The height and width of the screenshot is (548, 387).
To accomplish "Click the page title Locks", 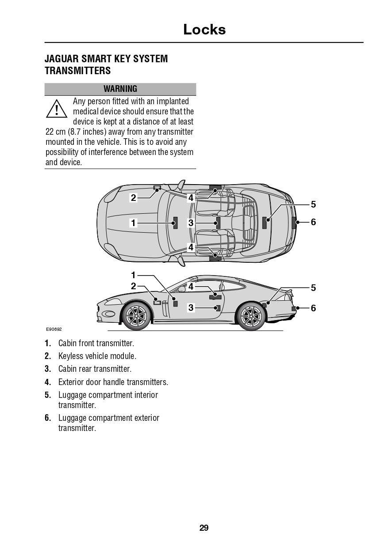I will point(204,30).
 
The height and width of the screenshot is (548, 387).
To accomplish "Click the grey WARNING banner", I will point(120,89).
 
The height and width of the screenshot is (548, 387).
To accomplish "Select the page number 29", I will point(204,528).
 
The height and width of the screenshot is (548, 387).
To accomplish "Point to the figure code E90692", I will point(54,329).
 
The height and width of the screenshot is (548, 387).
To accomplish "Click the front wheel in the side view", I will point(136,315).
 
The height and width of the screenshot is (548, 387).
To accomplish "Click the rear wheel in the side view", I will point(251,316).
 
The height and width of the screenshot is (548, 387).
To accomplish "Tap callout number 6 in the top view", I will point(313,222).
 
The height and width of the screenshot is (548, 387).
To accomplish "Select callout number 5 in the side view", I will point(313,288).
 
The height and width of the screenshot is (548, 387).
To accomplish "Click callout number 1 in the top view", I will point(133,223).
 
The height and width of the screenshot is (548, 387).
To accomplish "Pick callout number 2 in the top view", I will point(133,198).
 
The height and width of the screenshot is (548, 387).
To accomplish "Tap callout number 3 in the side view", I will point(191,308).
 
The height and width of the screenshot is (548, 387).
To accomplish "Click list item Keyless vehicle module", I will point(97,356).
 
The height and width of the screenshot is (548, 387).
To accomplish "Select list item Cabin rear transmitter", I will point(95,369).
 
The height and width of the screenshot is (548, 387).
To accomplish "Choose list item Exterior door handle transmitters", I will point(113,382).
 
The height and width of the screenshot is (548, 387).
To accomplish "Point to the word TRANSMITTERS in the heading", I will point(78,71).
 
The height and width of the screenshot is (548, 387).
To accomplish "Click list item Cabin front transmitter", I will point(96,343).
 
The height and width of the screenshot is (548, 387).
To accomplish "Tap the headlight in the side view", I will point(110,302).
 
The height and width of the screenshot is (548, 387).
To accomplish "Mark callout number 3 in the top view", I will point(191,223).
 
